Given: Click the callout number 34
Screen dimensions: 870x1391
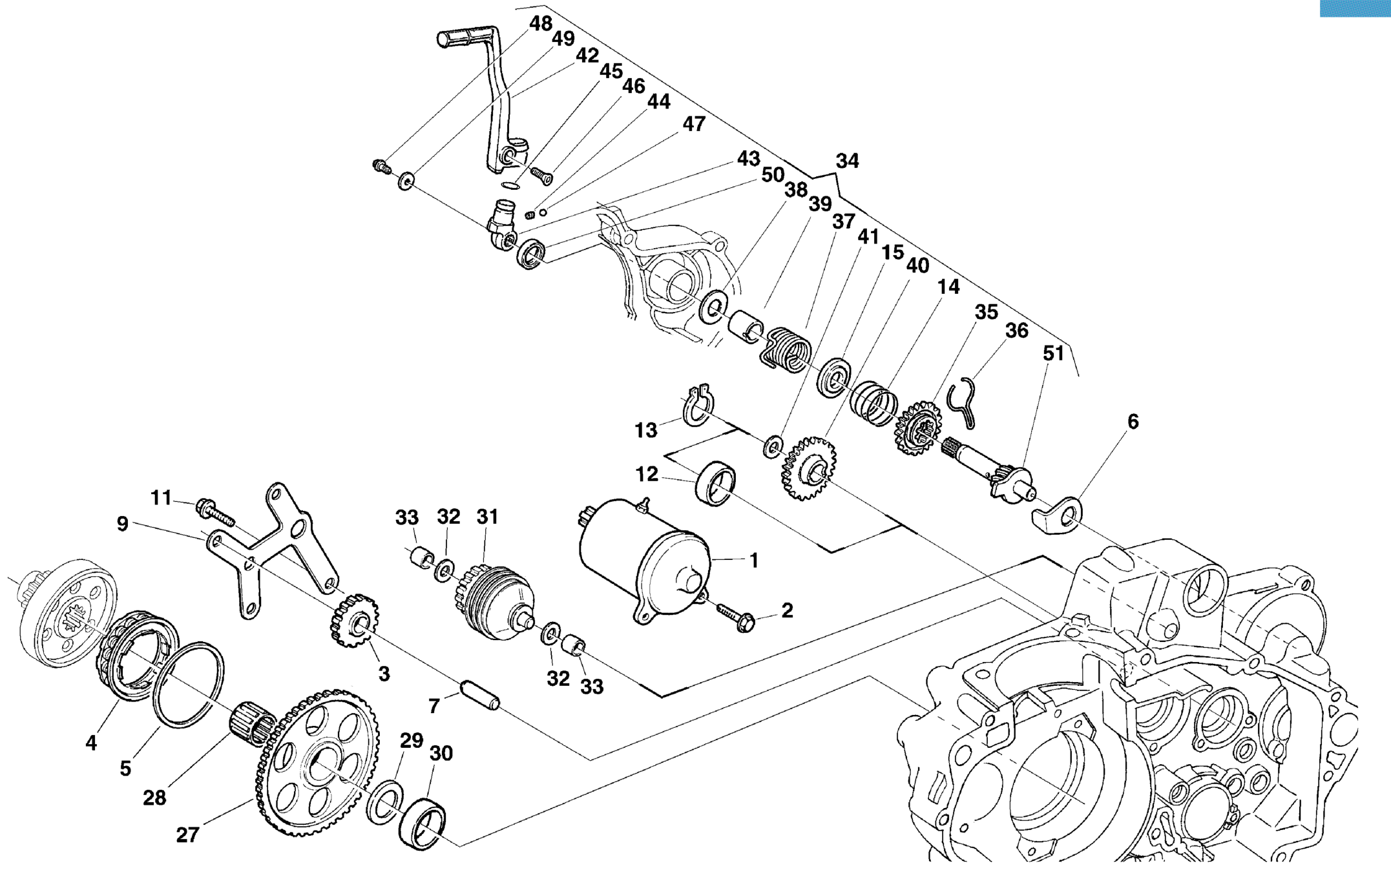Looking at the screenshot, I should pyautogui.click(x=847, y=161).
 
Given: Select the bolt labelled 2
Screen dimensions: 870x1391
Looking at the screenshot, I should pyautogui.click(x=737, y=617).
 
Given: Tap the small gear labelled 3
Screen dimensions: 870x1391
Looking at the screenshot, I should pyautogui.click(x=355, y=621).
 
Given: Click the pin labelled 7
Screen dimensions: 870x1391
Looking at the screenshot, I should pyautogui.click(x=479, y=694).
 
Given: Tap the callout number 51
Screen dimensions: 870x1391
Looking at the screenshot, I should pyautogui.click(x=1053, y=353).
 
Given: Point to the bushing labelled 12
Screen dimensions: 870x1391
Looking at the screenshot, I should pyautogui.click(x=715, y=483).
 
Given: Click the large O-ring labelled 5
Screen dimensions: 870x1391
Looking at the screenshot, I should pyautogui.click(x=189, y=684).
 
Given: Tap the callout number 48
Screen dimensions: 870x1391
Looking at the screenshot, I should pyautogui.click(x=541, y=23).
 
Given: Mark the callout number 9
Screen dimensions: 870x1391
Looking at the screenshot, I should pyautogui.click(x=122, y=524).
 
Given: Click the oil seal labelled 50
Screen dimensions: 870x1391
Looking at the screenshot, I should pyautogui.click(x=531, y=254).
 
